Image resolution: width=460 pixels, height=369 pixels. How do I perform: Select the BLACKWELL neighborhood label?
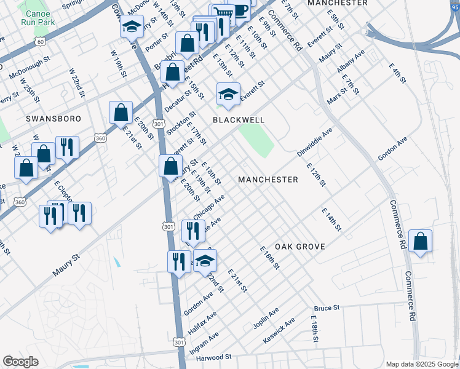pyautogui.click(x=239, y=120)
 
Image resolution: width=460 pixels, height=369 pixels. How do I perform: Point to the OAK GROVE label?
pyautogui.click(x=299, y=246)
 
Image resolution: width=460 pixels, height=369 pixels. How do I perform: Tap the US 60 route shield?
pyautogui.click(x=40, y=41)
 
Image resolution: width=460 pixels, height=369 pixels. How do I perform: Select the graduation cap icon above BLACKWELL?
pyautogui.click(x=228, y=94)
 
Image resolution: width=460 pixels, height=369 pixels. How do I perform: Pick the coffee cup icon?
pyautogui.click(x=239, y=10)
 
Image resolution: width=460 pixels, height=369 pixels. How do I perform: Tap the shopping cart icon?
pyautogui.click(x=221, y=14)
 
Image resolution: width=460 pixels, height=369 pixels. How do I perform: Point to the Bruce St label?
pyautogui.click(x=327, y=307)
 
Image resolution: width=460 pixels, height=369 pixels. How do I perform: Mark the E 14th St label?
pyautogui.click(x=331, y=219)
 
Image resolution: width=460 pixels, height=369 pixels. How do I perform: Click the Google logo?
pyautogui.click(x=20, y=362)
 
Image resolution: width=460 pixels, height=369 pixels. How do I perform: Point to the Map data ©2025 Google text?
pyautogui.click(x=421, y=364)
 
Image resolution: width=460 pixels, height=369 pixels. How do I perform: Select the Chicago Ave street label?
pyautogui.click(x=208, y=206)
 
